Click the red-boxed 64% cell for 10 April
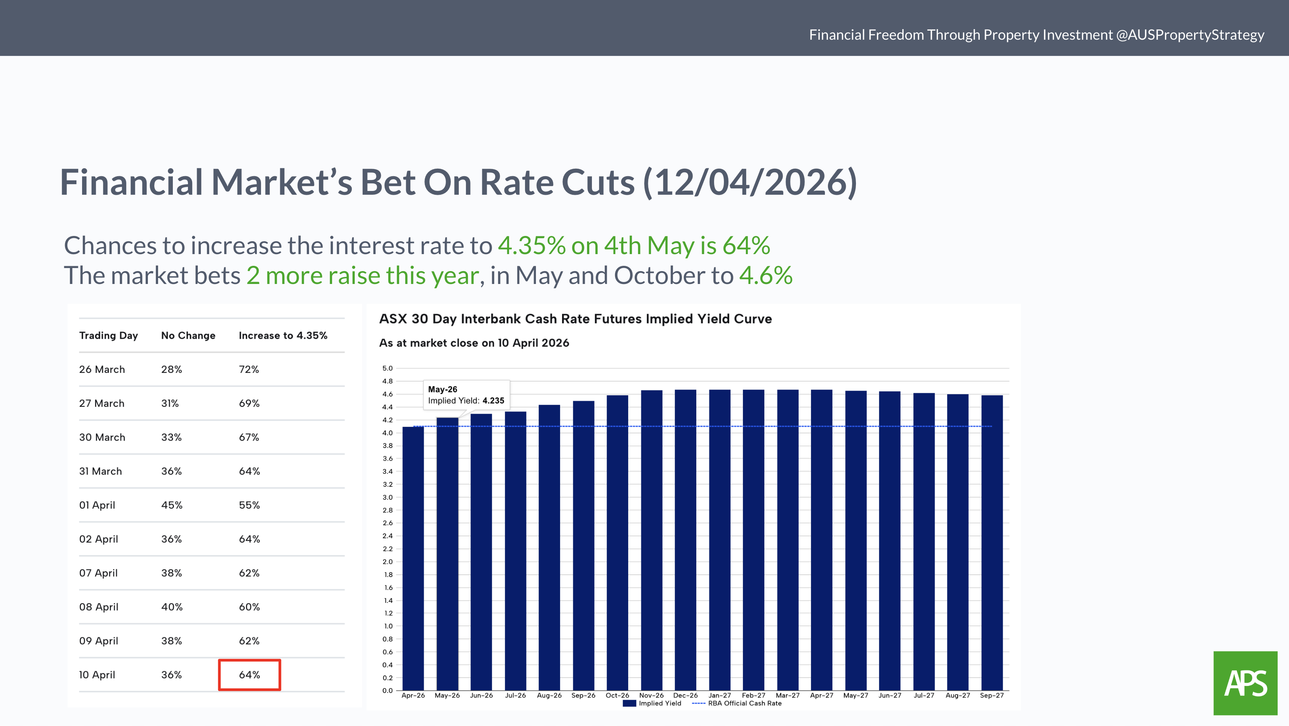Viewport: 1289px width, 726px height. tap(249, 675)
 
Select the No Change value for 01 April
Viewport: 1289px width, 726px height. tap(172, 505)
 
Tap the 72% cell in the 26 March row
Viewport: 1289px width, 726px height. tap(249, 369)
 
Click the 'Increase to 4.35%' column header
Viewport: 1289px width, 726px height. tap(283, 335)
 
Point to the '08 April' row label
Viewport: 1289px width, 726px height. tap(99, 607)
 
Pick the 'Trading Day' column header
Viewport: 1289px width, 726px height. tap(108, 335)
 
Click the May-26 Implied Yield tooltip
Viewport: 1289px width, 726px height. tap(466, 395)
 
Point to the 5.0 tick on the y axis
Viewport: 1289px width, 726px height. tap(387, 368)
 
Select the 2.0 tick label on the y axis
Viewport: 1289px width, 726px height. tap(387, 562)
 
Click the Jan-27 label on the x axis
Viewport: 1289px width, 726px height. tap(719, 695)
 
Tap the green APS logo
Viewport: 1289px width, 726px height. tap(1245, 683)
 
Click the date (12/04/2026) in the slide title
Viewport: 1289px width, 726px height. tap(750, 182)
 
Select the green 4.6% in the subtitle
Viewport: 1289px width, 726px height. tap(766, 275)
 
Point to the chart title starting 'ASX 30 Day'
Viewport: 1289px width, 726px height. tap(575, 319)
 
